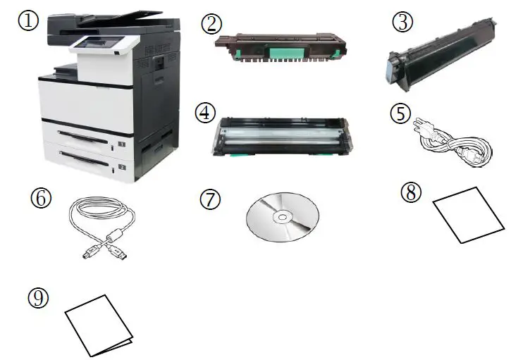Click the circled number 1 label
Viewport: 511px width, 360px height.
click(x=28, y=20)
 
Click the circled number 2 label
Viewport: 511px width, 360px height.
click(x=210, y=23)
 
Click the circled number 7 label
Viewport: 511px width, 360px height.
click(x=210, y=199)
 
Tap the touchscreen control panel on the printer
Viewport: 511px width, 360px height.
click(x=94, y=44)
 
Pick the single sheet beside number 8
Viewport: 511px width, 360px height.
click(x=468, y=215)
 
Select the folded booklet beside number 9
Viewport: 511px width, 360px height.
click(x=98, y=326)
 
